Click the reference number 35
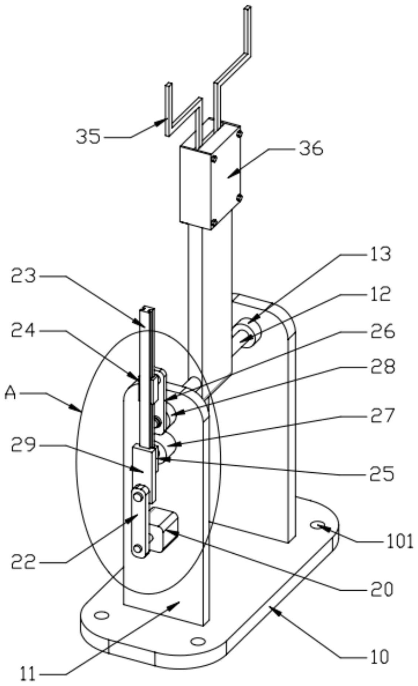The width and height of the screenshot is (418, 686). pyautogui.click(x=88, y=137)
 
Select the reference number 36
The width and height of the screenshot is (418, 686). pyautogui.click(x=312, y=149)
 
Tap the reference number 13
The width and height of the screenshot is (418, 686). pyautogui.click(x=379, y=254)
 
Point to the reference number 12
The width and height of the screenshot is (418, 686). pyautogui.click(x=379, y=294)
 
